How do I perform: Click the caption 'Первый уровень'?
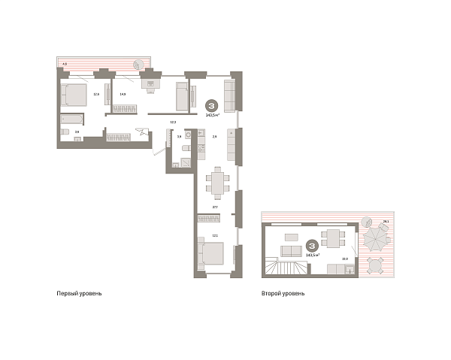coord(79,293)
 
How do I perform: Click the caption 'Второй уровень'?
coord(284,293)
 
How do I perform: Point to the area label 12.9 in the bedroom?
coord(96,94)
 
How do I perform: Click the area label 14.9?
coord(122,94)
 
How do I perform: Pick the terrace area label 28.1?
coord(385,221)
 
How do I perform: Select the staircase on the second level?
coord(286,267)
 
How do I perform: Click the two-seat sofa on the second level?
coord(291,251)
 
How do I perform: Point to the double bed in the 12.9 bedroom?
coord(74,95)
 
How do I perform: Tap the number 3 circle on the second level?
coord(310,245)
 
